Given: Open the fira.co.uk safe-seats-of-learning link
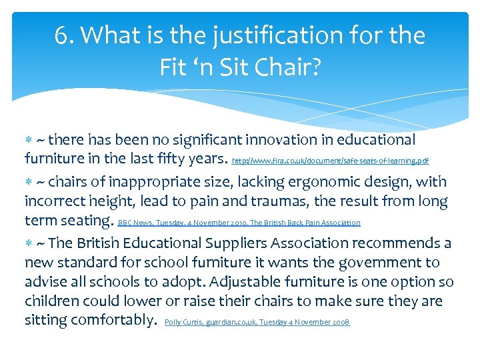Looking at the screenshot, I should [x=330, y=161].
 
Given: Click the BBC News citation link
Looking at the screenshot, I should [x=239, y=223].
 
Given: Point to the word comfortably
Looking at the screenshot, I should [x=113, y=320].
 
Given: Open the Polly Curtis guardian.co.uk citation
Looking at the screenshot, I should [x=257, y=322].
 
